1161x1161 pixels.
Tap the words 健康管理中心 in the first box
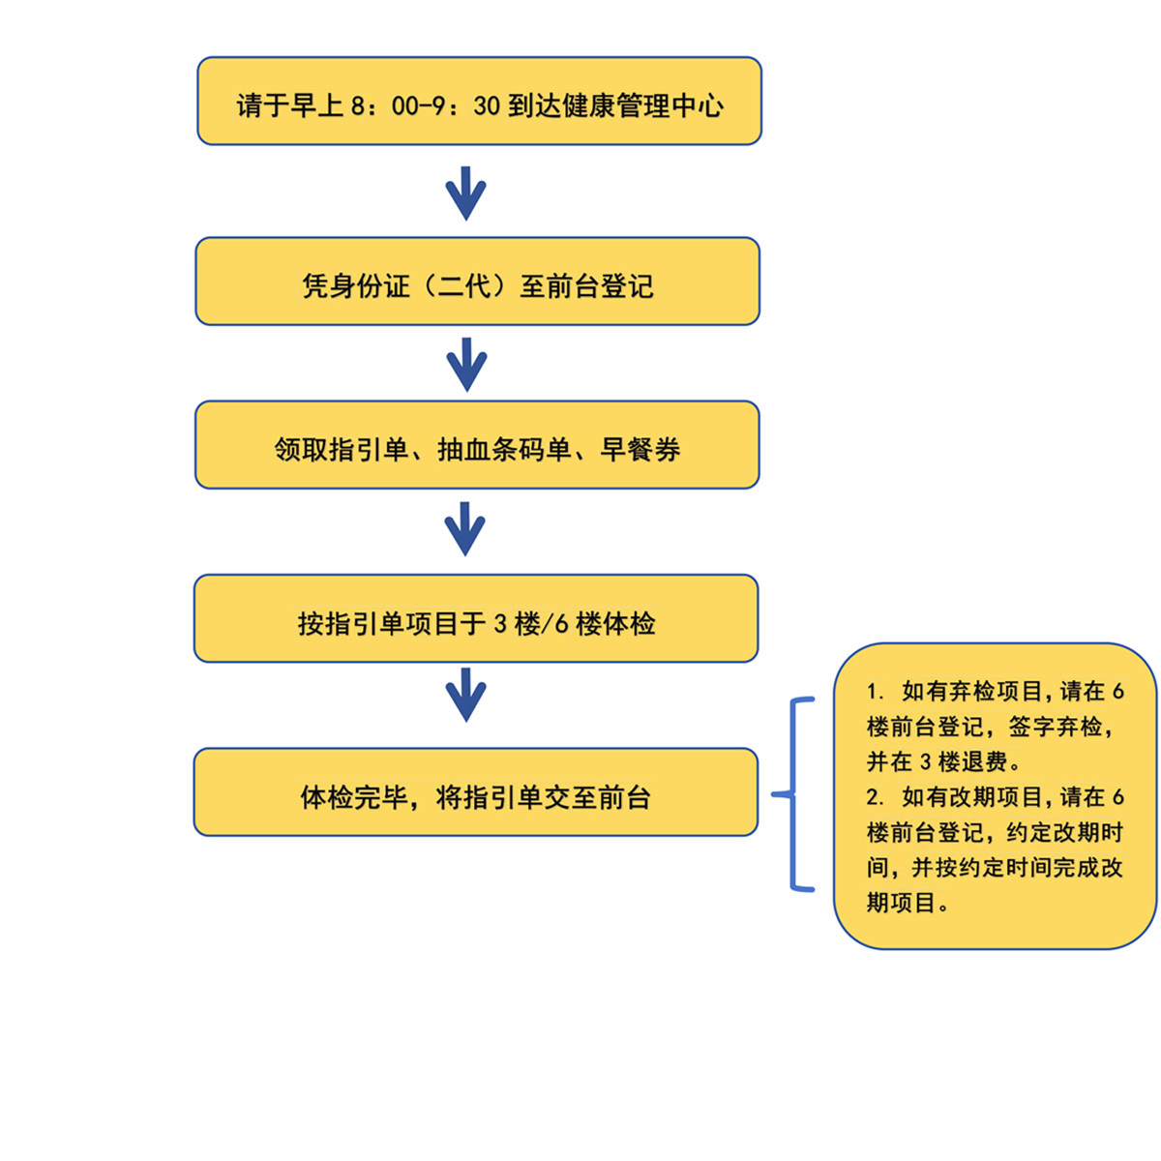point(641,106)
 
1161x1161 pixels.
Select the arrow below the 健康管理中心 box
point(465,193)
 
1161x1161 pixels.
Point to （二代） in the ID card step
point(465,285)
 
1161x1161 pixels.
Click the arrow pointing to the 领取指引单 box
point(466,365)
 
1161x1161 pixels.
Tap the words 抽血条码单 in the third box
point(504,450)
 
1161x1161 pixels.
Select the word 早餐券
point(640,450)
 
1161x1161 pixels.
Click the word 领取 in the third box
point(301,450)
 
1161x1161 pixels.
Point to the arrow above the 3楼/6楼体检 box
point(464,528)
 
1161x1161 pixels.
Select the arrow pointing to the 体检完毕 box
point(465,695)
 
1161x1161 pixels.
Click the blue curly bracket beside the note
point(793,794)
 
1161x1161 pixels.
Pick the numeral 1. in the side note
point(876,692)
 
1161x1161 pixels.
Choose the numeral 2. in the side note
point(876,797)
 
